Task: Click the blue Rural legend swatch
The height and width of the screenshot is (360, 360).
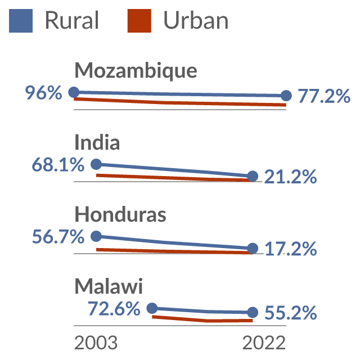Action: click(21, 21)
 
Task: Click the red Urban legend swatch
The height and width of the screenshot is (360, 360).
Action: click(139, 21)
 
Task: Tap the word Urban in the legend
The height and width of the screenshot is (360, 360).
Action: click(196, 20)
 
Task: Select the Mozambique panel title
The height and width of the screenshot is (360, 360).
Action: click(136, 70)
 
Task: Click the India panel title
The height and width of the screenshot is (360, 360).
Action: click(97, 142)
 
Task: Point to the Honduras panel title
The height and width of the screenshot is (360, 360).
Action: click(120, 214)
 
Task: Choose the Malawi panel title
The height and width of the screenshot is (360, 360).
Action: click(109, 286)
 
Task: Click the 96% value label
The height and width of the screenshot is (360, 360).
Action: click(43, 93)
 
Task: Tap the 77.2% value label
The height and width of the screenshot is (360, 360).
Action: click(324, 96)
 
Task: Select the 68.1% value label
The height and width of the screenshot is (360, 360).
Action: click(58, 165)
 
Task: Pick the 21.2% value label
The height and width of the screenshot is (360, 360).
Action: click(290, 177)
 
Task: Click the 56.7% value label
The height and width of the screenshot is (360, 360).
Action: click(58, 236)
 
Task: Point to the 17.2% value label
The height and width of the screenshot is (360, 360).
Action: click(291, 249)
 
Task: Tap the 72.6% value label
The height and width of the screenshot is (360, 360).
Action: click(114, 308)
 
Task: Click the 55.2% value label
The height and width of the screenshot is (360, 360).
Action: click(291, 313)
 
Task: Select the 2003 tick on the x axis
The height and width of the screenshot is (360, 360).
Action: click(96, 343)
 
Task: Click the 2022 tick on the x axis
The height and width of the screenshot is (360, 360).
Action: click(264, 343)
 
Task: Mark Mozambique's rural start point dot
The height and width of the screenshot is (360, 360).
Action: click(74, 92)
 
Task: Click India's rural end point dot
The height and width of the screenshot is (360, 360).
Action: click(253, 176)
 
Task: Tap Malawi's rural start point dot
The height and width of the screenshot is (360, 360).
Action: click(152, 308)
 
